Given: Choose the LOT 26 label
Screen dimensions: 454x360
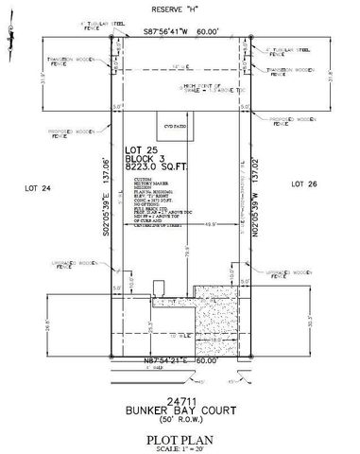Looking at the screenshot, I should click(302, 182).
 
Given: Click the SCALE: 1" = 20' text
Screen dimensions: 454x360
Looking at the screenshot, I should click(180, 431).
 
